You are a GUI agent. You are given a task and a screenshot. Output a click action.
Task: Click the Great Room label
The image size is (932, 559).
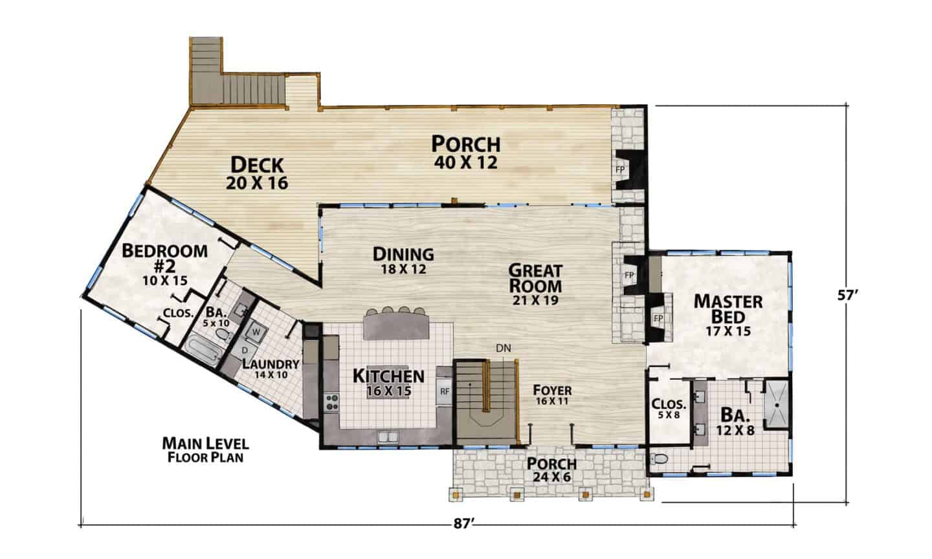coord(535,285)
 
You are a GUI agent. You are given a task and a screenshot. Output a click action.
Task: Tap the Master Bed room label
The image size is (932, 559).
coord(728,316)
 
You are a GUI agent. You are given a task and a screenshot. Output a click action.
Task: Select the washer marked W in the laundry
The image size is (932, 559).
coord(256,332)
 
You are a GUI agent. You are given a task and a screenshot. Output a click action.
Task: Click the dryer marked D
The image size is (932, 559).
coord(244,350)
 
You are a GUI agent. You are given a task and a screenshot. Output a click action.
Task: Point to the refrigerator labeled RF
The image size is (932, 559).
coord(445,391)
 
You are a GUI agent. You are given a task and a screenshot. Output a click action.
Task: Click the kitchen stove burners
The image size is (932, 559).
coord(332,402)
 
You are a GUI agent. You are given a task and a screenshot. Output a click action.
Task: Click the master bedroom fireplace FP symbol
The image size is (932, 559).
coord(658,318)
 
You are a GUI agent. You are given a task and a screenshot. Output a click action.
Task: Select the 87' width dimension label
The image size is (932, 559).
coord(464,524)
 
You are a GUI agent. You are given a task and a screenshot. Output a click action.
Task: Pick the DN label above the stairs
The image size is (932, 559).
coord(504,348)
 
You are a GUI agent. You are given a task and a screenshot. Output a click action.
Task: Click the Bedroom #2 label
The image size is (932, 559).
coord(165,265)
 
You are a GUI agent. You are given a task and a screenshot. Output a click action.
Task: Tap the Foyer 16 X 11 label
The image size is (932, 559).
coord(552,395)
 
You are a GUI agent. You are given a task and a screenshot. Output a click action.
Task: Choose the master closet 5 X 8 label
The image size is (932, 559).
coord(669,408)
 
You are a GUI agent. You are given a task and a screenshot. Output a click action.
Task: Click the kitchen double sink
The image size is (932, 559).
coord(388,437)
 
